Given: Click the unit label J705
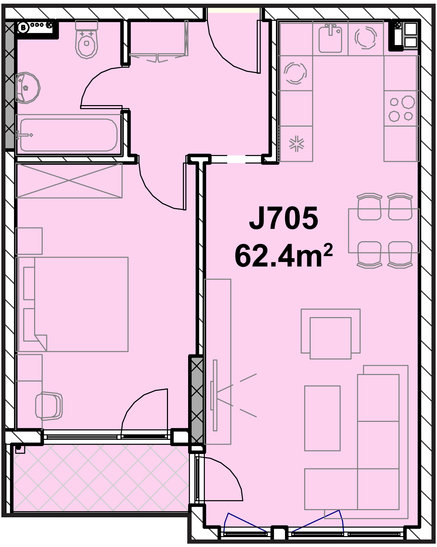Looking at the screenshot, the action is click(283, 218).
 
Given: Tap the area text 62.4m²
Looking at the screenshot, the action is click(283, 256).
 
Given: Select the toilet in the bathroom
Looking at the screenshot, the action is click(86, 39).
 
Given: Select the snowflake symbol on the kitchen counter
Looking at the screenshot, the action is click(297, 144).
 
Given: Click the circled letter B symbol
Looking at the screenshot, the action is click(23, 28).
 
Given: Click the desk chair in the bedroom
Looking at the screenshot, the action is click(49, 406).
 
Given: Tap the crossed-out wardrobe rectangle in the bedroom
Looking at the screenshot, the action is click(69, 181).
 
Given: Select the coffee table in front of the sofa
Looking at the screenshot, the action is click(322, 418).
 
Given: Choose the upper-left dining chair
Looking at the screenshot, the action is click(369, 207).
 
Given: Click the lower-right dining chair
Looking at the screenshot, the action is click(400, 255).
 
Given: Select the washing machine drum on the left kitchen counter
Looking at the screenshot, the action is click(295, 73).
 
